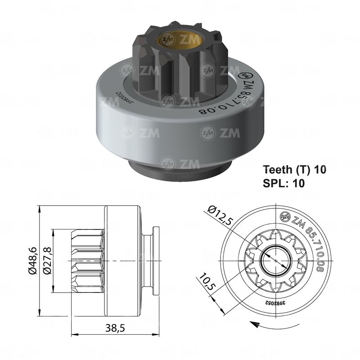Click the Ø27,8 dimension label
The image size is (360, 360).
click(x=46, y=261)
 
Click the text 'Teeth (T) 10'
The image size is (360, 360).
click(x=294, y=170)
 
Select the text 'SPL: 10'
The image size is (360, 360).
click(x=283, y=183)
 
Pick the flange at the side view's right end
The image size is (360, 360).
click(x=156, y=261)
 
